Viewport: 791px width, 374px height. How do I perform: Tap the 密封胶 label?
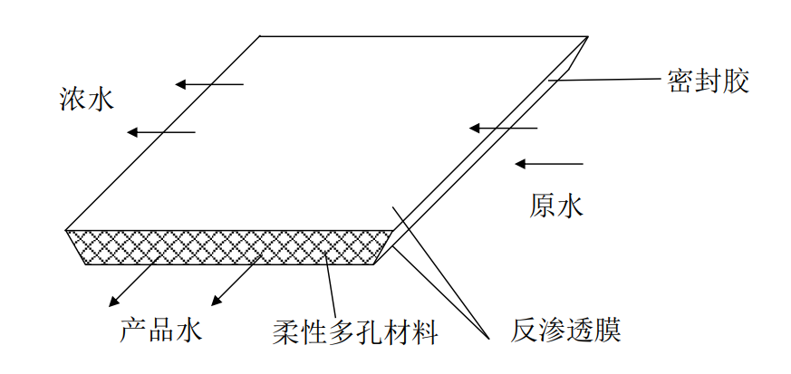coord(709,82)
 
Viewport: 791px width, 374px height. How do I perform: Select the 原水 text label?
coord(555,206)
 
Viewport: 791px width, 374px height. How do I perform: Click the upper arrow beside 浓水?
coord(209,84)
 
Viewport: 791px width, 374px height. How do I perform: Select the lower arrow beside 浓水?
coord(160,132)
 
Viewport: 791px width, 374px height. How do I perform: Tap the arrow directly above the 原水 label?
coord(548,163)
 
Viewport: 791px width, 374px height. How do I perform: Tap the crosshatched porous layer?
coord(227,246)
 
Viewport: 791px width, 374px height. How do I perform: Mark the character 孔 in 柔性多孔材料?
coord(368,331)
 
